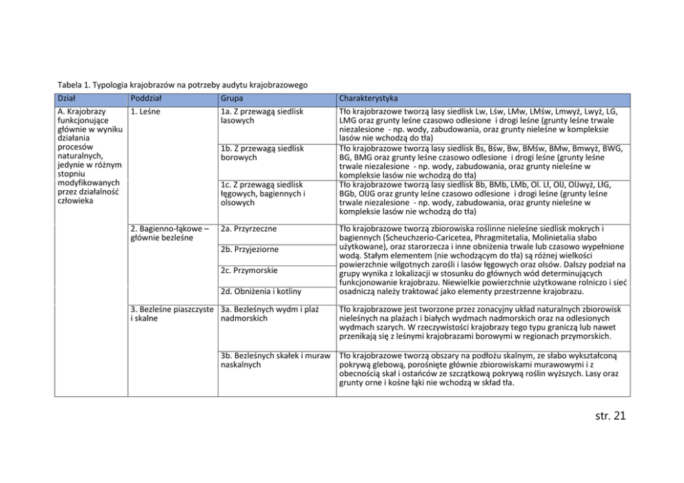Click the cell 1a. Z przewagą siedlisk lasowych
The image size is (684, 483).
pos(261,116)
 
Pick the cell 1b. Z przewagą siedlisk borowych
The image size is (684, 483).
pos(261,153)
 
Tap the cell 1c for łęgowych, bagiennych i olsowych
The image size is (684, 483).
pos(263,194)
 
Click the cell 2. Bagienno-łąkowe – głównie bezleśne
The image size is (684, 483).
pos(170,233)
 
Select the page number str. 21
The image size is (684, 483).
pos(609,415)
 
